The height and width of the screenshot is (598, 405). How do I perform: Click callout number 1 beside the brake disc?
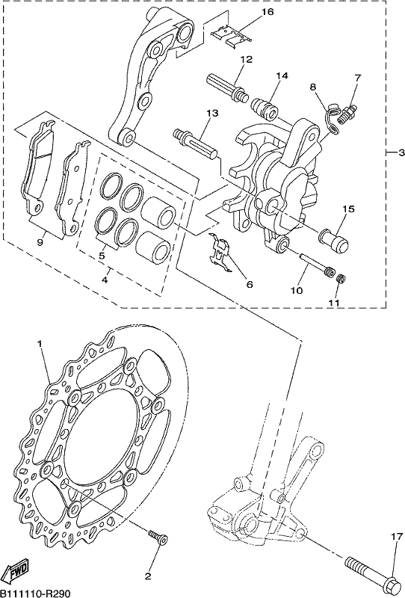[39, 343]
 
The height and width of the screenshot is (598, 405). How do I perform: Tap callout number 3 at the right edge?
[401, 153]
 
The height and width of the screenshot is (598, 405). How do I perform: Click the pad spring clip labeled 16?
[232, 36]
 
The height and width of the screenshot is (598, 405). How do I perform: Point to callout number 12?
[247, 60]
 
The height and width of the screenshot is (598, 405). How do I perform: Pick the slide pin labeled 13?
[195, 144]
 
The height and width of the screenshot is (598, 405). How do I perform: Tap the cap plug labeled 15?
[334, 241]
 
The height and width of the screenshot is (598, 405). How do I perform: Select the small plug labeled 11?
[341, 279]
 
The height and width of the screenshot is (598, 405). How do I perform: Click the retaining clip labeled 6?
[220, 253]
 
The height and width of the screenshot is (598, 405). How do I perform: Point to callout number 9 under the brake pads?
[40, 242]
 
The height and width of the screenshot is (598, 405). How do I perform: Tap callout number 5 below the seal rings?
[102, 256]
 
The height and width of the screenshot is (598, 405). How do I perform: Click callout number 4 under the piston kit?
[105, 280]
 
